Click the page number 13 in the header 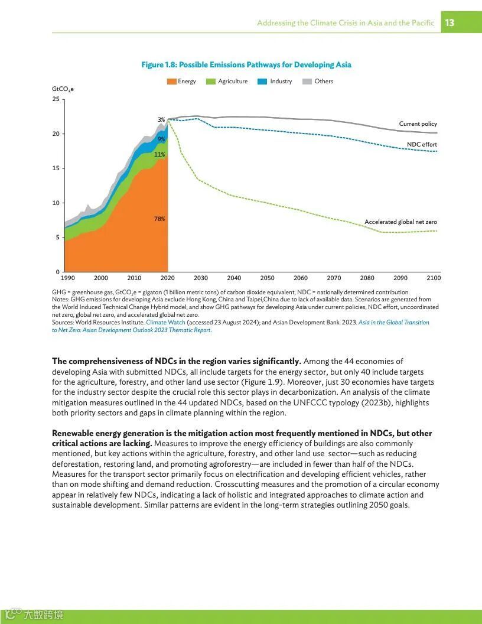(450, 23)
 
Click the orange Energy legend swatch (171, 82)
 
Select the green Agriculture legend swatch (211, 82)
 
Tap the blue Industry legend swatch (263, 82)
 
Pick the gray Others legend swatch (307, 82)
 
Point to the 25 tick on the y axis (56, 99)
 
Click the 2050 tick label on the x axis (267, 278)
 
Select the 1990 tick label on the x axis (67, 278)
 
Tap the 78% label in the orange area (159, 219)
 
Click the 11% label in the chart (159, 155)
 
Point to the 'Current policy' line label (418, 124)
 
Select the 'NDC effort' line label (422, 145)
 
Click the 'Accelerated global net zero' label (400, 222)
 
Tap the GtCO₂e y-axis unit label (63, 89)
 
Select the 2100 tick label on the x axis (433, 278)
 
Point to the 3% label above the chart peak (161, 120)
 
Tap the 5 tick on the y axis (57, 238)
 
